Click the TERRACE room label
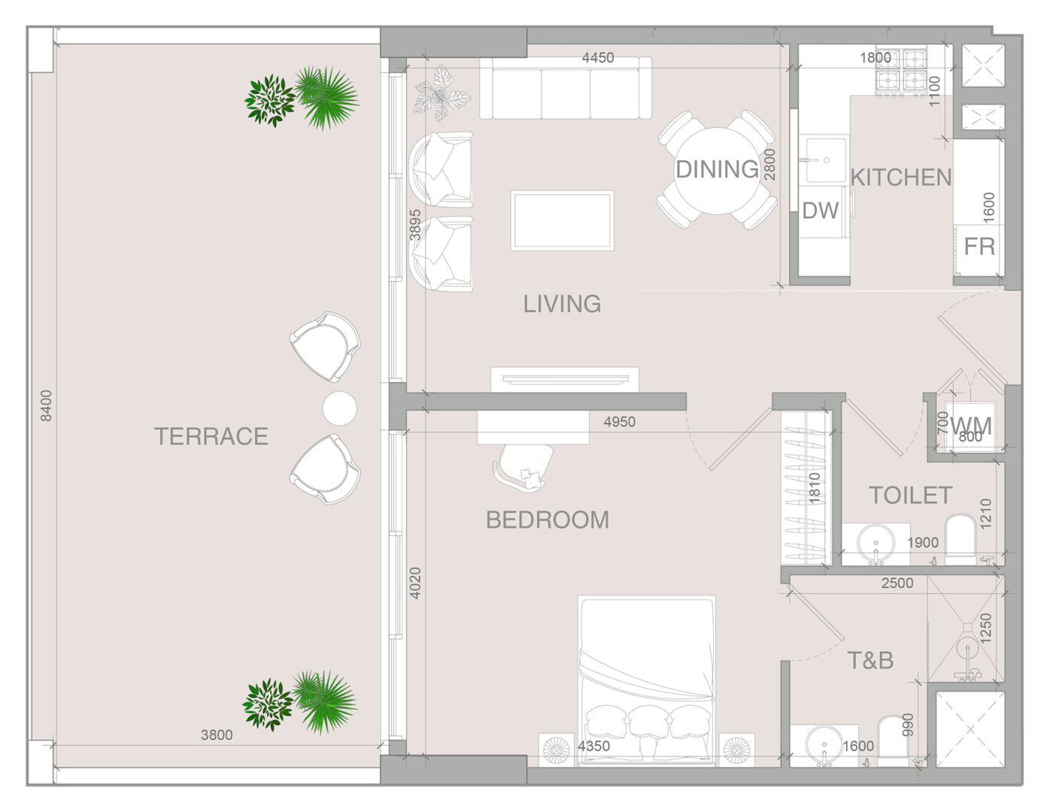(x=211, y=436)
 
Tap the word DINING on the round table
(x=717, y=169)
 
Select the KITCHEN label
(x=901, y=177)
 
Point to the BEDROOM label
(x=548, y=520)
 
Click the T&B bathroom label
(x=870, y=660)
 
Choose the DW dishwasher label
(x=821, y=210)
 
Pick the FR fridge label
(x=979, y=247)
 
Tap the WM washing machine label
(x=971, y=426)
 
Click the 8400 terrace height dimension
(x=46, y=406)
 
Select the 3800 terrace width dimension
(x=217, y=735)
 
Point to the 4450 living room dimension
(x=598, y=57)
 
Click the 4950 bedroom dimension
(x=620, y=422)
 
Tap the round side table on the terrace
(x=340, y=408)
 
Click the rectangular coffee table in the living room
(x=563, y=221)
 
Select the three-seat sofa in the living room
(x=566, y=87)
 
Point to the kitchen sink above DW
(x=826, y=160)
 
